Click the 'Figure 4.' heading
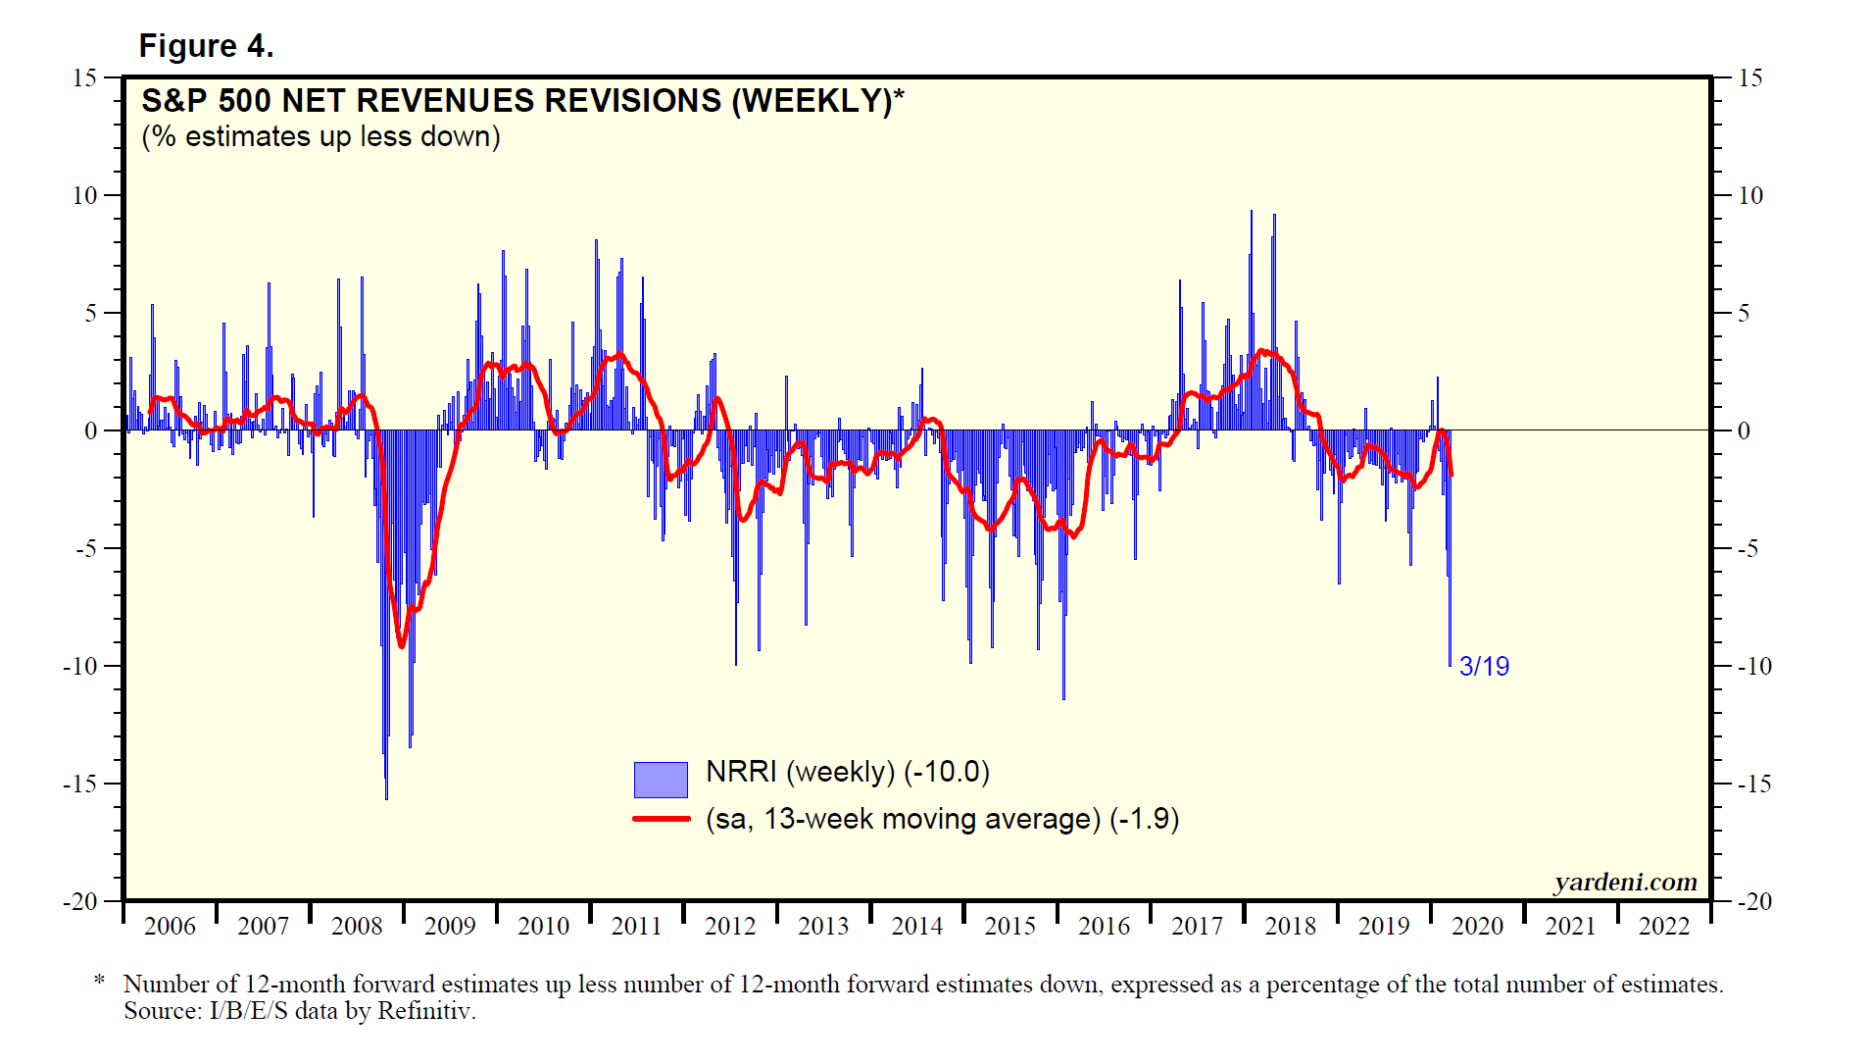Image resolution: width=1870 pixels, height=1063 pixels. point(206,46)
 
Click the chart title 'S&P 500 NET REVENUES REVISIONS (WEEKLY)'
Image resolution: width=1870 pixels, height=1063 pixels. point(521,101)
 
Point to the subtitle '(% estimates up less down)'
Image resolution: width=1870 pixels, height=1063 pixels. point(320,136)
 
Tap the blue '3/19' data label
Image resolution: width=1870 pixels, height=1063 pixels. point(1484,667)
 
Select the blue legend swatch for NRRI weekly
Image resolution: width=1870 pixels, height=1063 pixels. point(661,780)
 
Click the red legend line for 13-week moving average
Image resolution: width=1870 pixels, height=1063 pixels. point(662,819)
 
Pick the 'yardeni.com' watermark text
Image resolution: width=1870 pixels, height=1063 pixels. point(1625,882)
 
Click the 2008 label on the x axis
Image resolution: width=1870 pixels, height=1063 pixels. point(357,926)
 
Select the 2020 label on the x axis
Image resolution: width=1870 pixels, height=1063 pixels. point(1477,926)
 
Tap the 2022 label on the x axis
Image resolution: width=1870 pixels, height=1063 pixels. point(1664,926)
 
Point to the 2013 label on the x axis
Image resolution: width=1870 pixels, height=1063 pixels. point(823,926)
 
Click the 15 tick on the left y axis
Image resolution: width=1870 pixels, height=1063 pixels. point(85,77)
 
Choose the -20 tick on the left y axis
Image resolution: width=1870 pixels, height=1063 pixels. point(80,901)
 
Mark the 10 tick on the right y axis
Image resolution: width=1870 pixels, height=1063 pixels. point(1750,195)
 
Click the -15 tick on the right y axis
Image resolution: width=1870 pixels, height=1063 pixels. point(1753,784)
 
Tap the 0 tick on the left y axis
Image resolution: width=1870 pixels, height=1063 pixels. point(91,430)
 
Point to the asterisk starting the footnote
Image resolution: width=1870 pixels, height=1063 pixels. point(99,982)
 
